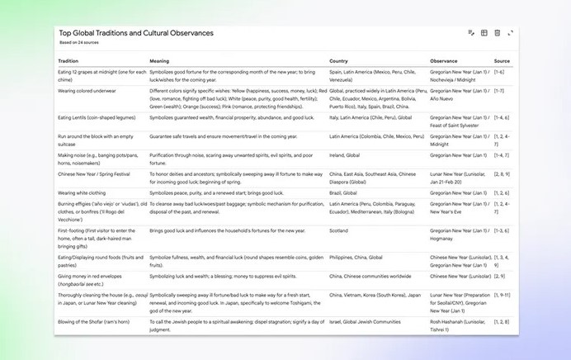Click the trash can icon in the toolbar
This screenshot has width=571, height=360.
point(497,33)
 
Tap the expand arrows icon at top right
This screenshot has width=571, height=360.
point(510,33)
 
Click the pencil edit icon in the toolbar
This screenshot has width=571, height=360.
point(471,33)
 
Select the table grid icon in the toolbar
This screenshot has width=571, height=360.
point(484,33)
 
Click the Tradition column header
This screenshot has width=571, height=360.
point(68,61)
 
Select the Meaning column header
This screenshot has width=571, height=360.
point(159,61)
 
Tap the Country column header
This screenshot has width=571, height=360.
point(338,61)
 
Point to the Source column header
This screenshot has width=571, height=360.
point(502,61)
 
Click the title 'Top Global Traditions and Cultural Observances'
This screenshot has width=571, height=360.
point(136,33)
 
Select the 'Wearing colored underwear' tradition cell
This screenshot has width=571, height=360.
point(88,90)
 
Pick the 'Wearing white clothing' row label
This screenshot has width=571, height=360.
point(84,192)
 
